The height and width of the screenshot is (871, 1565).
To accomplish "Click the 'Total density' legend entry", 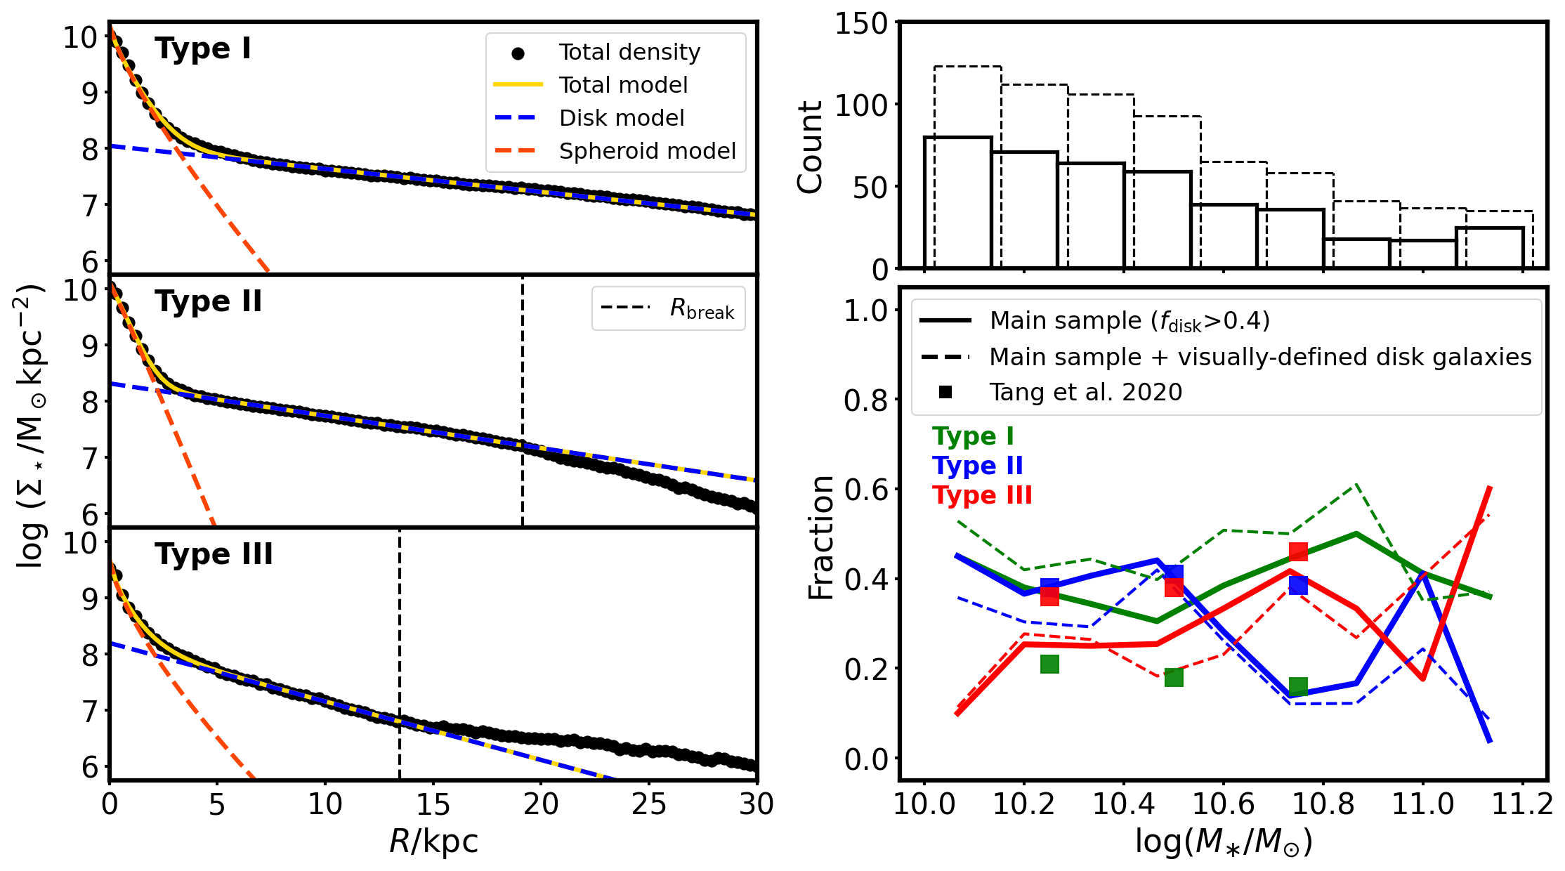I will [629, 52].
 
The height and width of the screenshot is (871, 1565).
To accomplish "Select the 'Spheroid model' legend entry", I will [647, 151].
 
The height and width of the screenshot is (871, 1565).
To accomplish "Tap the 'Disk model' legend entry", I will [621, 118].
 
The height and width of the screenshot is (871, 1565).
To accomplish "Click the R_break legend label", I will [701, 308].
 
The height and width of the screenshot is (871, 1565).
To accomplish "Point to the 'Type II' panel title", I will [208, 302].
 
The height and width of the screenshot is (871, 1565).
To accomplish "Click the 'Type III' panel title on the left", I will [214, 555].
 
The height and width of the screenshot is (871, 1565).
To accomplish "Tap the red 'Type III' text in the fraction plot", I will [982, 495].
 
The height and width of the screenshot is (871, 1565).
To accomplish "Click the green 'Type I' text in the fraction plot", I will [973, 436].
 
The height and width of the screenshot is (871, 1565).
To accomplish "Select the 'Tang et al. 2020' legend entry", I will [1085, 392].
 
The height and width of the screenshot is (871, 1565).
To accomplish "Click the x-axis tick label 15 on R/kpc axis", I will [433, 804].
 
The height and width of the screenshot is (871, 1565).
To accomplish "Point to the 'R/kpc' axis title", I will [433, 841].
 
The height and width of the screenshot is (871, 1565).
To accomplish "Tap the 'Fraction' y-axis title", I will [820, 537].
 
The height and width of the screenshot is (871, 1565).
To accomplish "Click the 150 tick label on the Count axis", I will [861, 24].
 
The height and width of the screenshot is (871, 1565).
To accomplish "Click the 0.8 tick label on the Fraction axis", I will [865, 400].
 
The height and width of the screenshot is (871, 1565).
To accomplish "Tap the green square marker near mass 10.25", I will [1049, 664].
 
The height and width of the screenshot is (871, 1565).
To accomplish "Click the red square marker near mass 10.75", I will [1298, 552].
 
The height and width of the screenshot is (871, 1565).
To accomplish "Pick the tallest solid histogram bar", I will [957, 202].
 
